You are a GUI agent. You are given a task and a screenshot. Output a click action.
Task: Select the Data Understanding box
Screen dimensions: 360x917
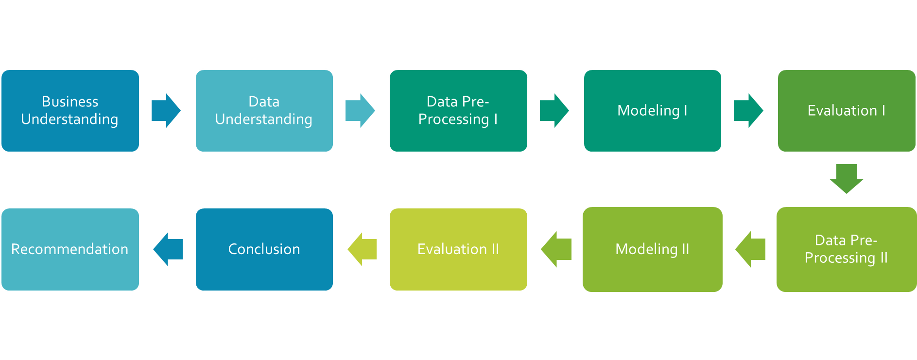pos(264,111)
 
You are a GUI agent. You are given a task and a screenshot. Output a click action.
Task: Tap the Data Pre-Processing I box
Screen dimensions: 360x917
pos(458,111)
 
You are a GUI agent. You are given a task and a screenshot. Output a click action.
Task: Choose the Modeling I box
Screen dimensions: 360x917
pos(652,111)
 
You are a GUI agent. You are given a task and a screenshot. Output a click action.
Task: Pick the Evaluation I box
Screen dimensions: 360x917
pos(846,111)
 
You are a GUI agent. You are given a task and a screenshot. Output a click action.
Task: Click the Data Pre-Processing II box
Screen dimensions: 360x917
pos(846,249)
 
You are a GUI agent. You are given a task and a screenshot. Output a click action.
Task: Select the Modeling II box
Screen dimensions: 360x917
pos(652,249)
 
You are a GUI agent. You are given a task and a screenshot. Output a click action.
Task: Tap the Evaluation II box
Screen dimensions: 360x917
pos(458,249)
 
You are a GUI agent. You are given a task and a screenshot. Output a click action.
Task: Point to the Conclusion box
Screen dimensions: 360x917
pos(264,249)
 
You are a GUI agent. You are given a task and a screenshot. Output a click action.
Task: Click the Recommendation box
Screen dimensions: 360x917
pos(70,249)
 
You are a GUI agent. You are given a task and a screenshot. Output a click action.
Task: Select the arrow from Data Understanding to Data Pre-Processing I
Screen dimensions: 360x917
pos(360,111)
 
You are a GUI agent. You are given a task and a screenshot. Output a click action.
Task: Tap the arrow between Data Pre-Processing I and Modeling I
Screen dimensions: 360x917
pos(554,111)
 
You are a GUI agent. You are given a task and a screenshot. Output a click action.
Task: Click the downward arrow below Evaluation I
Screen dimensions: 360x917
pos(846,179)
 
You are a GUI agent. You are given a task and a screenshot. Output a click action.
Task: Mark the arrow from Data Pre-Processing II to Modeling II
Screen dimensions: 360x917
pos(750,249)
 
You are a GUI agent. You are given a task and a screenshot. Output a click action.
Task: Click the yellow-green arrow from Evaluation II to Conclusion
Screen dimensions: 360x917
pos(362,249)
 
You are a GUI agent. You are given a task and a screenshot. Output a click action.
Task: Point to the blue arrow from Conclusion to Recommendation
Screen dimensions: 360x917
pos(168,249)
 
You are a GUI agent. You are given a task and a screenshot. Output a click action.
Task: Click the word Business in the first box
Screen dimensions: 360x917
pos(70,102)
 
